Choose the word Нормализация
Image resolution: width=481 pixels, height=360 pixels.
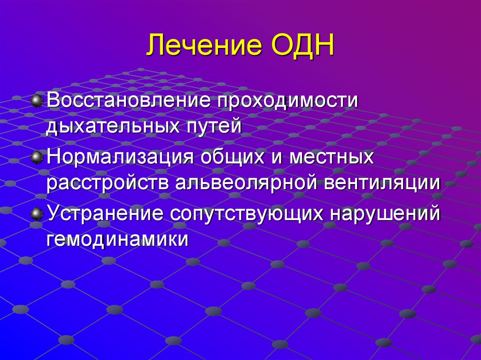click(120, 157)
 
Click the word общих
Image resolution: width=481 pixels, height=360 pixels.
click(233, 157)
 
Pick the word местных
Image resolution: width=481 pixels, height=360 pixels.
click(332, 157)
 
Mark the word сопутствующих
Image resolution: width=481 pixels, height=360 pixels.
click(247, 214)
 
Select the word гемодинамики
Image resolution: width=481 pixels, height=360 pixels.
click(117, 239)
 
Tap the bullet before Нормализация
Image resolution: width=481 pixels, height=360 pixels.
click(36, 157)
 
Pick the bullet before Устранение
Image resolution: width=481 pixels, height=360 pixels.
click(36, 214)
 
